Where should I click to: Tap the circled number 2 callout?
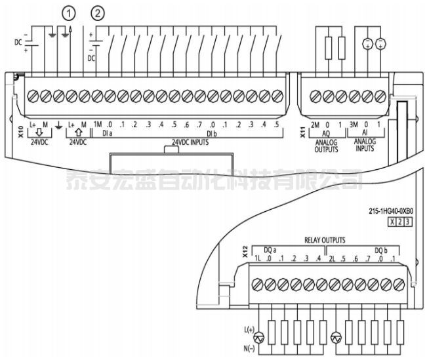[x=98, y=12]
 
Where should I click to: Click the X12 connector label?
[x=244, y=253]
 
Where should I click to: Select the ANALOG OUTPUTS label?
[x=326, y=146]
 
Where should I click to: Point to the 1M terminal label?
[x=97, y=124]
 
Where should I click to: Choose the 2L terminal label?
[x=333, y=258]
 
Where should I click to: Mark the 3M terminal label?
[x=355, y=124]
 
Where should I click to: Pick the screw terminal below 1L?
[x=257, y=284]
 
